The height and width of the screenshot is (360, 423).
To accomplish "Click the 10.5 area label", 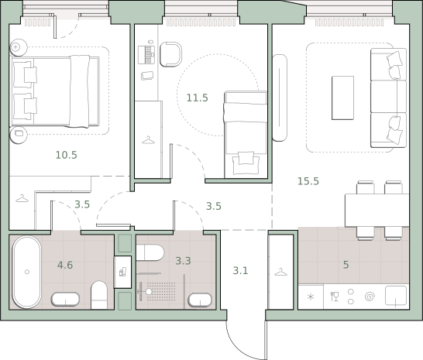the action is (67, 155).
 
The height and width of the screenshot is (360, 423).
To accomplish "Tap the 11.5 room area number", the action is (198, 98).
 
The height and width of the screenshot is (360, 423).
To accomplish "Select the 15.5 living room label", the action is (308, 181).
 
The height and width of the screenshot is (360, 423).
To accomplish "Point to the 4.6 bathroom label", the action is (65, 265).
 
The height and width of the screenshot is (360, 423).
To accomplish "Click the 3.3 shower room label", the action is (183, 261).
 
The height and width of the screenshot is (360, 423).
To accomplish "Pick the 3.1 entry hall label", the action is (240, 270).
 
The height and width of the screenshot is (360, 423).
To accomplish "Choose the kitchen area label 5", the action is (346, 265).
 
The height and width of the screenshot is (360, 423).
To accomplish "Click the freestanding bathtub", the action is (26, 272).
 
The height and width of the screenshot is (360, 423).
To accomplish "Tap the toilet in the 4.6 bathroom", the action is (99, 295).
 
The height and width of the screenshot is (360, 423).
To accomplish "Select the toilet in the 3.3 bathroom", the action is (150, 252).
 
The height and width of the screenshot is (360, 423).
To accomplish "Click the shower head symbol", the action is (149, 292).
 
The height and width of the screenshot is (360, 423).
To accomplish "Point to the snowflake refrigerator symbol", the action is (311, 297).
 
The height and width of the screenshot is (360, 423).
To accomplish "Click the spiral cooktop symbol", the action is (370, 297).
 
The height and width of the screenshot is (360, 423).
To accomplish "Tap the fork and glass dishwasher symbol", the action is (335, 297).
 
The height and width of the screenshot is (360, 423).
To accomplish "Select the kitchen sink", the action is (396, 296).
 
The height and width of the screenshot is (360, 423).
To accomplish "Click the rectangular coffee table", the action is (342, 98).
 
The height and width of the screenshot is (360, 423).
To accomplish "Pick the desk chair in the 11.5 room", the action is (170, 54).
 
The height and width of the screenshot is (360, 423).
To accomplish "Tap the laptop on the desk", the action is (146, 55).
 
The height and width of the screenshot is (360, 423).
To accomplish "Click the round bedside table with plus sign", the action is (19, 47).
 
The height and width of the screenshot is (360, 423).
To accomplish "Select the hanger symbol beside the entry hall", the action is (280, 272).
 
